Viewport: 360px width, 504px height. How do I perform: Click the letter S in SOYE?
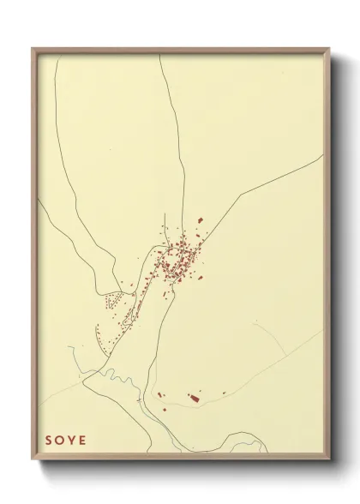click(49, 441)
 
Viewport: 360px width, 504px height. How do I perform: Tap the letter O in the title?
click(61, 441)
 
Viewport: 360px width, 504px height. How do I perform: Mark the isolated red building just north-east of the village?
click(202, 221)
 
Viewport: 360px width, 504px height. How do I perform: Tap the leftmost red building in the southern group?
click(160, 394)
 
